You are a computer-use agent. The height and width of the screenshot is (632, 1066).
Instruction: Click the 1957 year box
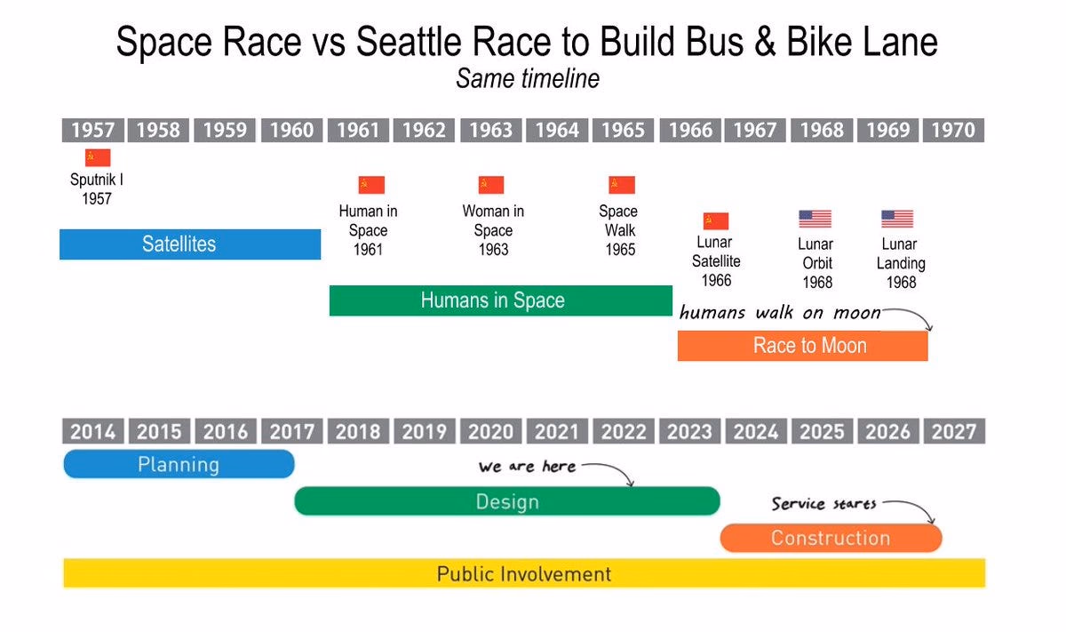coord(92,130)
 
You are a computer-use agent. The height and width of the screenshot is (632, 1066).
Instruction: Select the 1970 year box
coord(953,130)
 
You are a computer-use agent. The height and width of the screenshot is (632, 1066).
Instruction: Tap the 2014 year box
coord(92,431)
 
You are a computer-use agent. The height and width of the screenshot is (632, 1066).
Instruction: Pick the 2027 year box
coord(954,431)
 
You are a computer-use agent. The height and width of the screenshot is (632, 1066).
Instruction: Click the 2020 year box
coord(490,431)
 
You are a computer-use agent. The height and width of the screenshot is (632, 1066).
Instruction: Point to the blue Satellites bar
coord(190,244)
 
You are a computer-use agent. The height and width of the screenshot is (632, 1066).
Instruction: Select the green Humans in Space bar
coord(501,300)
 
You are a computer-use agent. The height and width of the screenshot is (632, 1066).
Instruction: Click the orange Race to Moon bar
coord(802,346)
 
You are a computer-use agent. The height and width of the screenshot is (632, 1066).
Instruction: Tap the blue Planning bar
coord(179,464)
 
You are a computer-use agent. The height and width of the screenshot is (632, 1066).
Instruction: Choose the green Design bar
coord(507,501)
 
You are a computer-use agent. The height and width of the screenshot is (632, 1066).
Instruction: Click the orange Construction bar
coord(831,538)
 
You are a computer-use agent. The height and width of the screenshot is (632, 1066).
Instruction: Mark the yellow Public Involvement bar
coord(524,573)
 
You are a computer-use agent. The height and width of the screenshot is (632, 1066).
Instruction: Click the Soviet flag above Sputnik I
coord(98,157)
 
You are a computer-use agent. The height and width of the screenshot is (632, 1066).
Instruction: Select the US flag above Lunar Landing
coord(897,219)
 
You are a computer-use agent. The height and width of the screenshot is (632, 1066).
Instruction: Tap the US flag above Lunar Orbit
coord(815,219)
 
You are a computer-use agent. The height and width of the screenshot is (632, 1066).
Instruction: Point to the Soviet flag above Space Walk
coord(622,185)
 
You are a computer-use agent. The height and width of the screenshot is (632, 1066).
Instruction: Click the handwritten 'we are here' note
coord(528,467)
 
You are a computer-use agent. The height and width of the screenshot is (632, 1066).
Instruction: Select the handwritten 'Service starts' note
coord(823,503)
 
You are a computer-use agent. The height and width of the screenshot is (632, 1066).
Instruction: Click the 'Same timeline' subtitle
coord(528,78)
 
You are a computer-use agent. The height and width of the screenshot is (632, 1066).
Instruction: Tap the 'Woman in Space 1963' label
coord(493,230)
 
